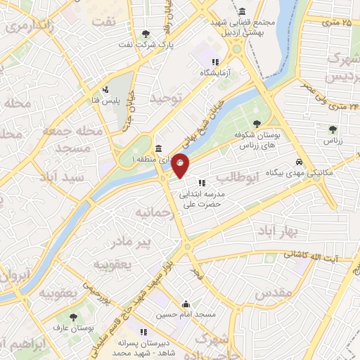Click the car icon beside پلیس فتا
pyautogui.click(x=105, y=89)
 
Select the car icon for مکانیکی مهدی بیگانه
pyautogui.click(x=300, y=161)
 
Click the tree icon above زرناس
pyautogui.click(x=331, y=129)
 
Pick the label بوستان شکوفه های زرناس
pyautogui.click(x=265, y=139)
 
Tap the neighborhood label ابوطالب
pyautogui.click(x=238, y=176)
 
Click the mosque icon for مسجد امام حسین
pyautogui.click(x=186, y=304)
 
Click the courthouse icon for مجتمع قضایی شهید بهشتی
pyautogui.click(x=243, y=12)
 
